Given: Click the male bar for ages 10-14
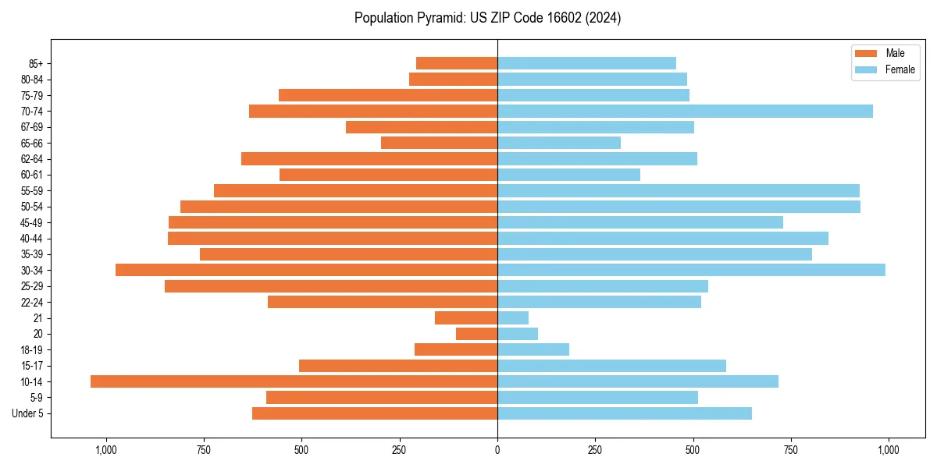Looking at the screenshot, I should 294,381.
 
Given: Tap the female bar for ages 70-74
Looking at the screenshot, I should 685,112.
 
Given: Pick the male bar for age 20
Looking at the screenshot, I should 476,334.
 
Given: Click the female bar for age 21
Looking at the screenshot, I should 513,317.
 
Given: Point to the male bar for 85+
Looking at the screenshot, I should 457,63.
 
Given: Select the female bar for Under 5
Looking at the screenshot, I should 625,413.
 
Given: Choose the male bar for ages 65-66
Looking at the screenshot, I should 439,143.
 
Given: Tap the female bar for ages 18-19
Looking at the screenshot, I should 533,349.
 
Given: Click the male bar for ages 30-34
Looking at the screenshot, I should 306,270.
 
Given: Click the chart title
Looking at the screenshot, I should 487,18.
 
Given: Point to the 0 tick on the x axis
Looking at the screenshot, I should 497,450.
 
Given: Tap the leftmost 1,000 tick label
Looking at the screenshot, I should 105,450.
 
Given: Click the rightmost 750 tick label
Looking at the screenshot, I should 790,450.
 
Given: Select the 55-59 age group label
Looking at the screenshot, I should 32,190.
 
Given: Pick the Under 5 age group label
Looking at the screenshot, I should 28,413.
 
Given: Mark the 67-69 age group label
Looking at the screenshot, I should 32,127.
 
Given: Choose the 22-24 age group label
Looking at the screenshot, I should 32,302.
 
